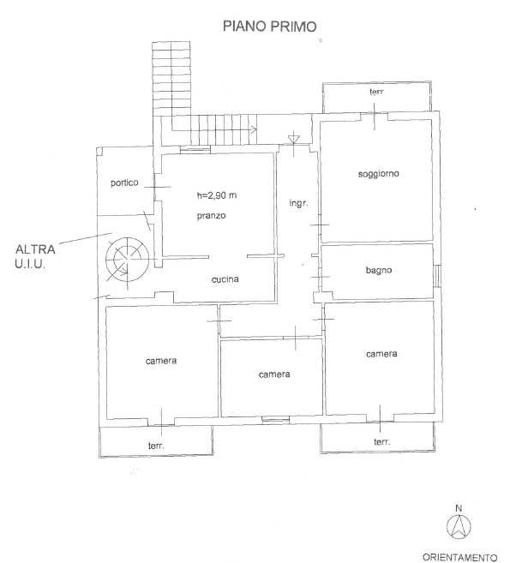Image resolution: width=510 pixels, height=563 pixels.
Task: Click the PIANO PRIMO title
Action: (269, 27)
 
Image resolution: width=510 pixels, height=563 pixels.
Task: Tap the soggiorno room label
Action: (379, 174)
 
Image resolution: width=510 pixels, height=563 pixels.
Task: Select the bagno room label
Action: (379, 270)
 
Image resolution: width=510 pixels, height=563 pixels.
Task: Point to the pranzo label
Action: (211, 216)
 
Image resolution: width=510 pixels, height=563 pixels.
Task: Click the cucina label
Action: (225, 279)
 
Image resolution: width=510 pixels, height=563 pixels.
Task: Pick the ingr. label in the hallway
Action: (299, 203)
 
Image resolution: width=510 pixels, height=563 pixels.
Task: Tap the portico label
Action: (124, 183)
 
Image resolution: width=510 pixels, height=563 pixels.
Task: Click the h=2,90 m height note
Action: (217, 195)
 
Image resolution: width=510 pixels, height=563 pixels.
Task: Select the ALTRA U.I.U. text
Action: (35, 257)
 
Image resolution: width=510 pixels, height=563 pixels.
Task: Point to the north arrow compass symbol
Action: (459, 527)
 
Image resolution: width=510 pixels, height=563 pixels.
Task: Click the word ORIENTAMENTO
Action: (459, 557)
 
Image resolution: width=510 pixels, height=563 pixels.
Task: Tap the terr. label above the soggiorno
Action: (377, 92)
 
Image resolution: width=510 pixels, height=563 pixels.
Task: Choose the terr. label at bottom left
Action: (156, 446)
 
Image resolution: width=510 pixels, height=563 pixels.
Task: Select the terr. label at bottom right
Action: (381, 441)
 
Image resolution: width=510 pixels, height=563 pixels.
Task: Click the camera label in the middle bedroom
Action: (274, 374)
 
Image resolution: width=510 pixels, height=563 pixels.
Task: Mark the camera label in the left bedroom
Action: (161, 361)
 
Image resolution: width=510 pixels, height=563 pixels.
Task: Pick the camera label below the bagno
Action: (381, 354)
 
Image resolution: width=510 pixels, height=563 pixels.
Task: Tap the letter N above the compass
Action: (459, 508)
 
